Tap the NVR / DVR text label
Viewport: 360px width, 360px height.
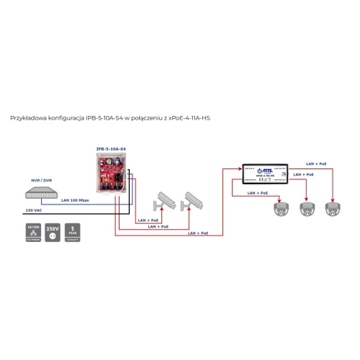pyautogui.click(x=42, y=179)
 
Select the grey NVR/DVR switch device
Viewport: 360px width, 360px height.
pyautogui.click(x=40, y=193)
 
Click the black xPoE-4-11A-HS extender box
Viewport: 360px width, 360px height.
pyautogui.click(x=266, y=171)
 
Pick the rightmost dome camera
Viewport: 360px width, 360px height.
pyautogui.click(x=333, y=210)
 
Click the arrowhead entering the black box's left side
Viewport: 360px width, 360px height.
pyautogui.click(x=240, y=168)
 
